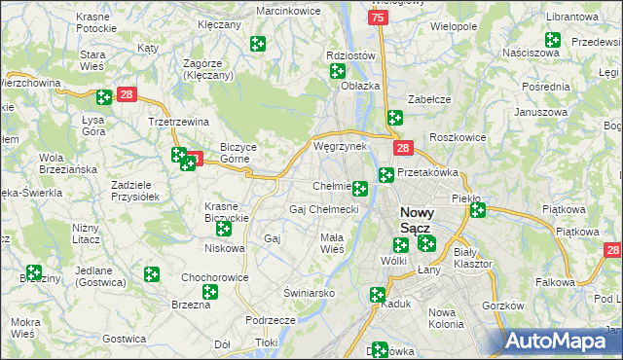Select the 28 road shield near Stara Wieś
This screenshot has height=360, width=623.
pyautogui.click(x=127, y=94)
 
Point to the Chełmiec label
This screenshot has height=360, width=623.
pyautogui.click(x=331, y=186)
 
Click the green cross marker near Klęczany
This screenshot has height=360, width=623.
pyautogui.click(x=258, y=44)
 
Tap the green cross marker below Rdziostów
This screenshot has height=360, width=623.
pyautogui.click(x=338, y=71)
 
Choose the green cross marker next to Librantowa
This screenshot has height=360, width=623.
pyautogui.click(x=553, y=41)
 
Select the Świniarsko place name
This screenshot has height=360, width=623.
pyautogui.click(x=310, y=292)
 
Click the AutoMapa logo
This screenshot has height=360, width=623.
pyautogui.click(x=561, y=341)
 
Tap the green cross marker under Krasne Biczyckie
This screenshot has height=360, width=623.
pyautogui.click(x=224, y=229)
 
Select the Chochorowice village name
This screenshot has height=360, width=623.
pyautogui.click(x=216, y=277)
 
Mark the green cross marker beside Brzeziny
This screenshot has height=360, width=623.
pyautogui.click(x=34, y=273)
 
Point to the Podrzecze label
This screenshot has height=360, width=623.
pyautogui.click(x=271, y=320)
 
